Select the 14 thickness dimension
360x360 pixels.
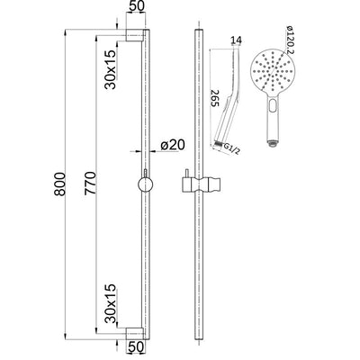click(237, 40)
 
